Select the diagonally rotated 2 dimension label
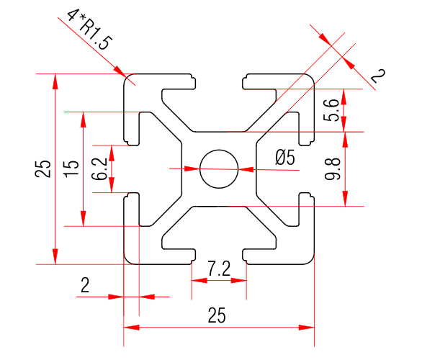point(377,74)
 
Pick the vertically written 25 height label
point(43,169)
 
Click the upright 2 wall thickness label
point(85,286)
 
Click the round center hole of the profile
point(219,169)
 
